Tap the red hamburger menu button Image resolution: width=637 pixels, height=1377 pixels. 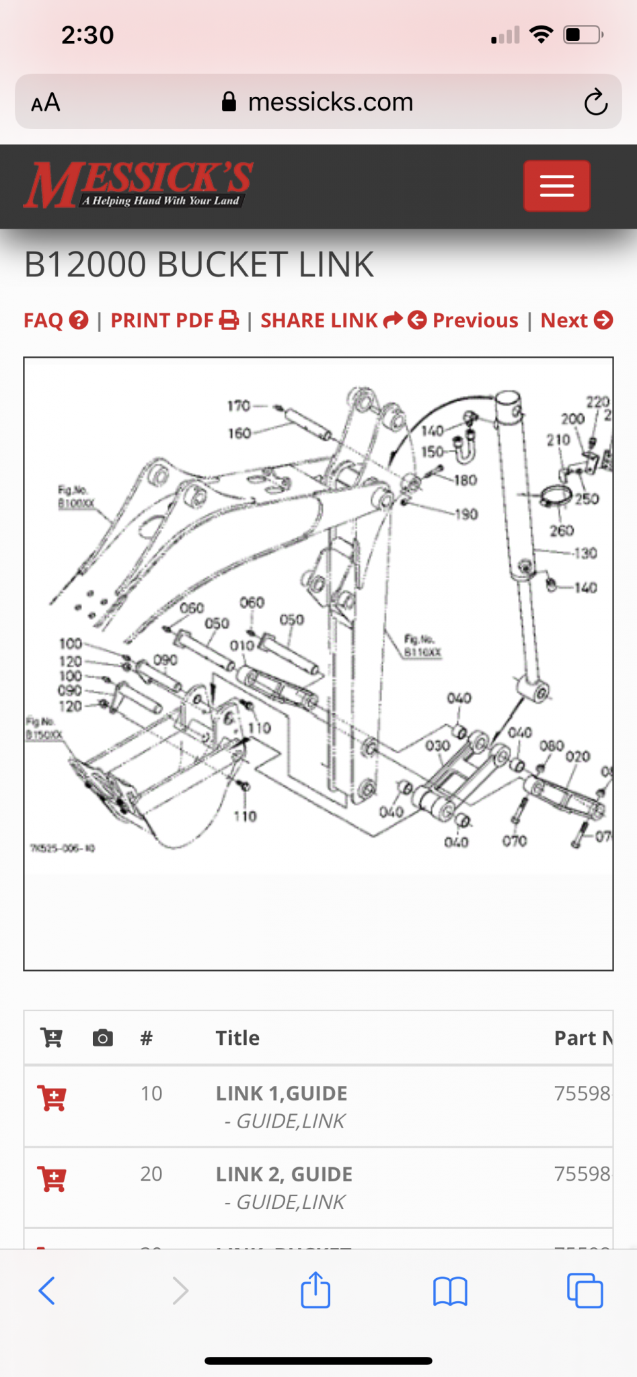click(556, 186)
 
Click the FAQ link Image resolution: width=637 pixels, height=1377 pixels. click(56, 320)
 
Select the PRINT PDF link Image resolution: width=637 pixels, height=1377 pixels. click(174, 320)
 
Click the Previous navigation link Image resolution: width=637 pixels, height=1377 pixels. click(463, 320)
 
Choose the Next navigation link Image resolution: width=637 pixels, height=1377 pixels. click(576, 320)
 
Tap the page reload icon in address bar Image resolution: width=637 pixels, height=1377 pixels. click(595, 102)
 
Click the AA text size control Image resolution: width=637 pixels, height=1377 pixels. click(46, 103)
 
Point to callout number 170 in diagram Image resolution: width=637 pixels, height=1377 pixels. click(239, 405)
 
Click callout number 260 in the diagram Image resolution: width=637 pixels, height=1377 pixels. click(562, 530)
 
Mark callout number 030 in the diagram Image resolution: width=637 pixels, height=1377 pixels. click(437, 746)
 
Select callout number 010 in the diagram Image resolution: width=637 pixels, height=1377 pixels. click(242, 645)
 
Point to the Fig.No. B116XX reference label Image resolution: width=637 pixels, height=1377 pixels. click(422, 645)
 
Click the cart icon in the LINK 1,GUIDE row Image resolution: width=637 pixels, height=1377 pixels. click(52, 1098)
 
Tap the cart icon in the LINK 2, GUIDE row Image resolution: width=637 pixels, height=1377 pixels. click(52, 1179)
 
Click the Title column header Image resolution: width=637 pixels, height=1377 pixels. click(237, 1037)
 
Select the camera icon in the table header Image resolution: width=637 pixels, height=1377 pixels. click(102, 1037)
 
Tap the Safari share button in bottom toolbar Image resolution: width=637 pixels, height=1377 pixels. click(315, 1290)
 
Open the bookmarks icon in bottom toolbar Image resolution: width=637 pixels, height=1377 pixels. click(450, 1291)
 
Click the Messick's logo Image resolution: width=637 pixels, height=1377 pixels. click(138, 184)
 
